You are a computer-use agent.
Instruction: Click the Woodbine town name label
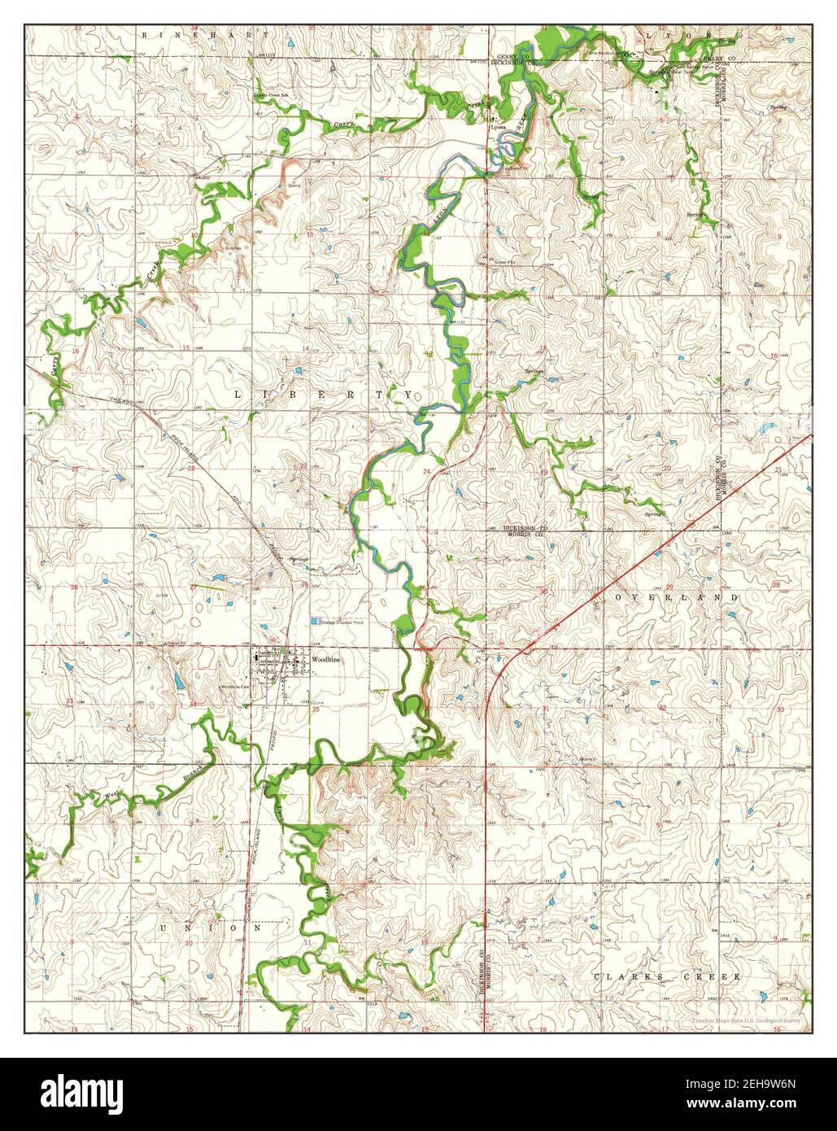pos(325,660)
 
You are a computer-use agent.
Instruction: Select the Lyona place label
pos(497,128)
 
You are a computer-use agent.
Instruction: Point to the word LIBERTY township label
pos(324,395)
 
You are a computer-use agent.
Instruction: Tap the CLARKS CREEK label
pos(666,976)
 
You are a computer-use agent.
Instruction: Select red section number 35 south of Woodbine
pos(316,710)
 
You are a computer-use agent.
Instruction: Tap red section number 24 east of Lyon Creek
pos(425,472)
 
